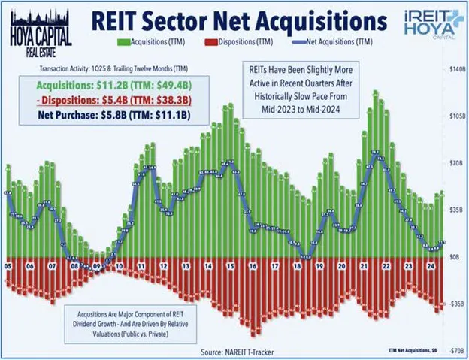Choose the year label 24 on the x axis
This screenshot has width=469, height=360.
click(x=428, y=265)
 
